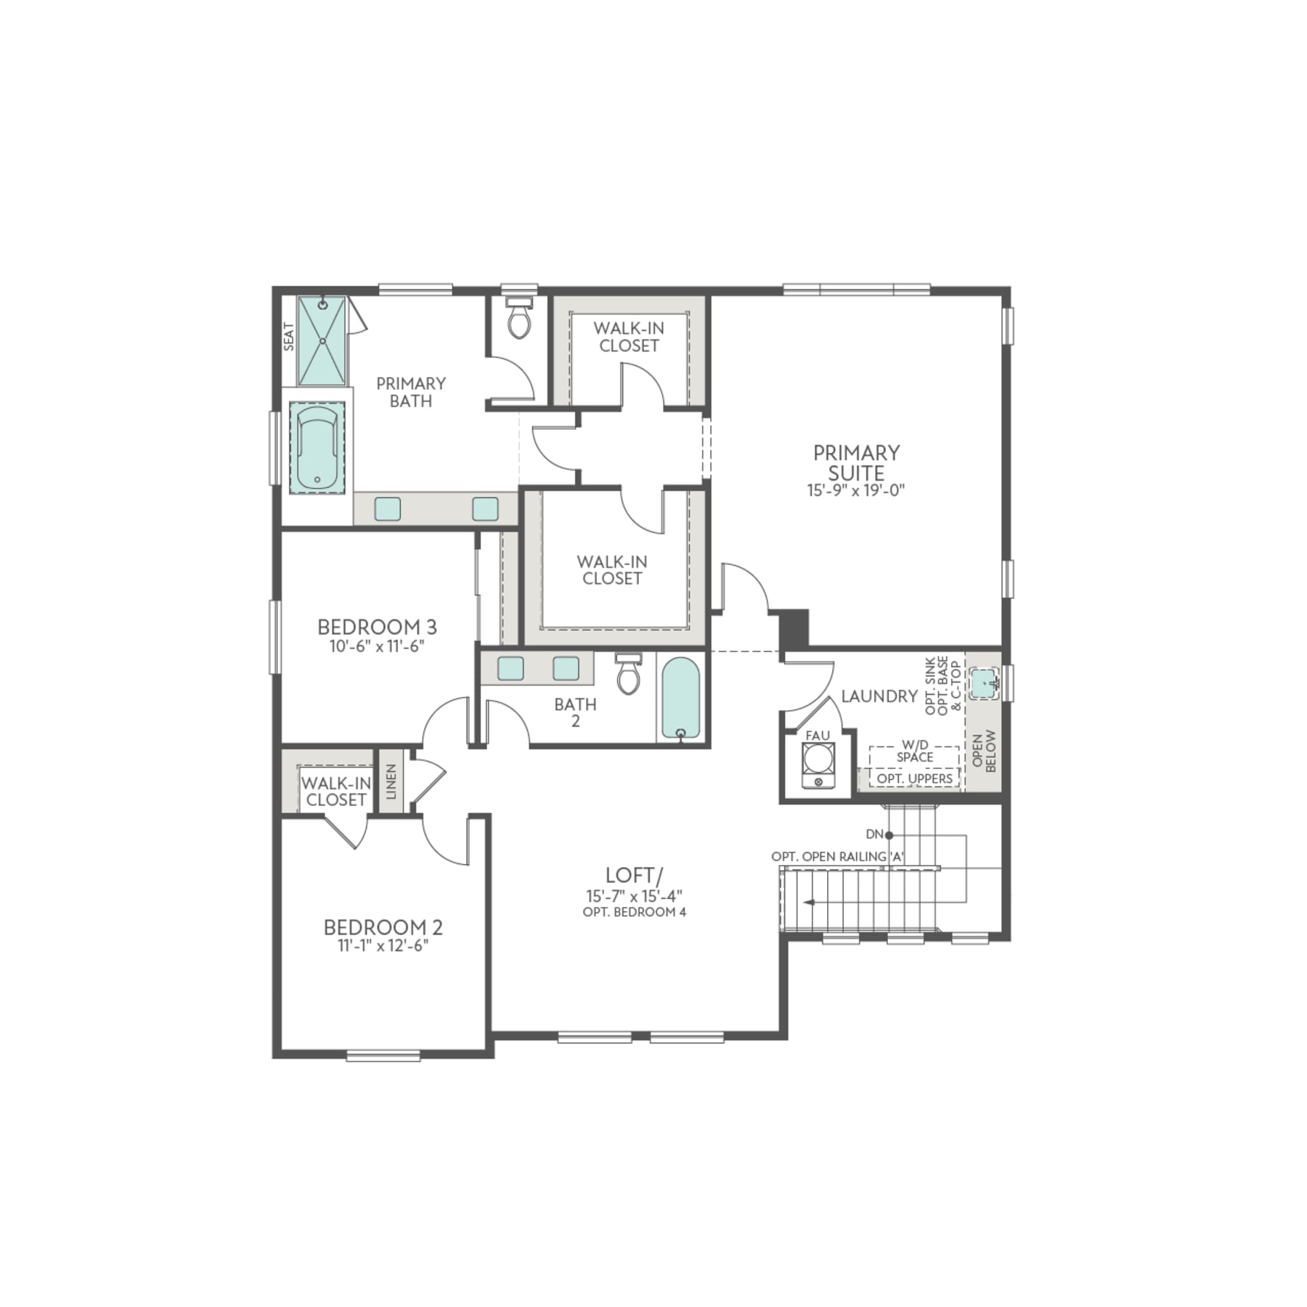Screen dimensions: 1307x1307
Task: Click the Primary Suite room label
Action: click(856, 463)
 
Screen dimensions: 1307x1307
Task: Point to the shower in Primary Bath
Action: click(322, 341)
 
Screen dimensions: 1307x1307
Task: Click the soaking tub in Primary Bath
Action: click(317, 448)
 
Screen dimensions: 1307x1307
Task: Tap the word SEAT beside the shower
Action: click(289, 336)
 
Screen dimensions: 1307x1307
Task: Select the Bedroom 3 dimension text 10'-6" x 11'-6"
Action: click(376, 646)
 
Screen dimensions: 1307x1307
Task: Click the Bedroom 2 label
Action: click(383, 927)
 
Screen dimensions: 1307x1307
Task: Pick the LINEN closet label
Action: click(391, 781)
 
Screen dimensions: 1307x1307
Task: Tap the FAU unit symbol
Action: click(818, 765)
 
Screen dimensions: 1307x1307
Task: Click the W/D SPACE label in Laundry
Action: click(914, 751)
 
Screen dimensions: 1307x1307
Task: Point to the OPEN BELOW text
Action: click(985, 751)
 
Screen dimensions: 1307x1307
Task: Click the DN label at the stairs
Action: click(874, 834)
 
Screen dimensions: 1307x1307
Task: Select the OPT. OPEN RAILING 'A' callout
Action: click(837, 857)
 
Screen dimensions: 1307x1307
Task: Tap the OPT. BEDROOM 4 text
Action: click(634, 912)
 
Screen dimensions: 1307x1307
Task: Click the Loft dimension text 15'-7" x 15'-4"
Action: click(634, 896)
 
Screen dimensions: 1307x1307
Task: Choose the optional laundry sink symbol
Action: click(984, 683)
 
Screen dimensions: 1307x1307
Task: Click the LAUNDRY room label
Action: click(879, 696)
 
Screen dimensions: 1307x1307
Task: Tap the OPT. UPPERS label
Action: click(914, 778)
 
